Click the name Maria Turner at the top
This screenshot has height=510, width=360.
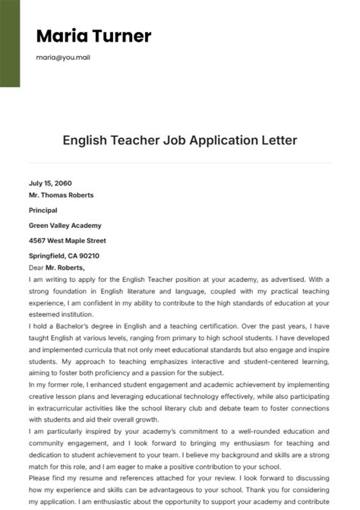pos(93,36)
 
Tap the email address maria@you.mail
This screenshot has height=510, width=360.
pos(63,57)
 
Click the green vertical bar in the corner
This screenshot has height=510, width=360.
pos(9,43)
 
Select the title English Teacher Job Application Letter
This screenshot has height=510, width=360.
pos(179,141)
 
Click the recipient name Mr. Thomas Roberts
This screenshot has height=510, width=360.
pos(61,195)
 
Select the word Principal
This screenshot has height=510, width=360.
pos(43,211)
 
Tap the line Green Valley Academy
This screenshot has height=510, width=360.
pos(65,226)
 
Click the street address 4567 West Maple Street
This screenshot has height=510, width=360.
pos(67,241)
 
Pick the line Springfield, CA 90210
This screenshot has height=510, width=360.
pos(64,256)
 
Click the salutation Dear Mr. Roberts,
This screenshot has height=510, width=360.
pos(56,268)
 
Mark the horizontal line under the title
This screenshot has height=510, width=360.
pos(179,162)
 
